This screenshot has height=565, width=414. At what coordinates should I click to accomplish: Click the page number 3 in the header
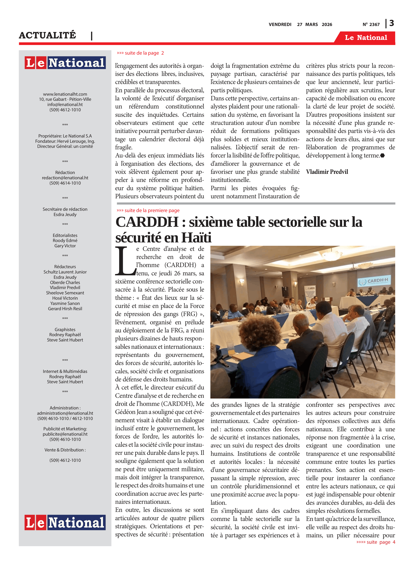[391, 23]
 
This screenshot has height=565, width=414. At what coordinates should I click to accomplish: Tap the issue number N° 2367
[371, 24]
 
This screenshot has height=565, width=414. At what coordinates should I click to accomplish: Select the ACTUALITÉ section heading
[47, 35]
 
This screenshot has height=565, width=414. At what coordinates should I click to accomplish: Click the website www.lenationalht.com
[65, 94]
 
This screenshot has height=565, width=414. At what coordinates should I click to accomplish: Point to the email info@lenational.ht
[65, 105]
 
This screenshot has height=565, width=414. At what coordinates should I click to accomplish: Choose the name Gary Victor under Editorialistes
[65, 246]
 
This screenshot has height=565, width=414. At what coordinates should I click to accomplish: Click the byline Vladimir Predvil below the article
[327, 172]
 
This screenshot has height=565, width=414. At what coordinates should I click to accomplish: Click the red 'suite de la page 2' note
[140, 53]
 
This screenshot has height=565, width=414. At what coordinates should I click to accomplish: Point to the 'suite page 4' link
[376, 542]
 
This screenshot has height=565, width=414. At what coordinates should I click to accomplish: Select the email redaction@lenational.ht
[65, 178]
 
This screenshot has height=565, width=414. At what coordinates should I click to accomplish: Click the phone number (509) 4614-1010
[65, 183]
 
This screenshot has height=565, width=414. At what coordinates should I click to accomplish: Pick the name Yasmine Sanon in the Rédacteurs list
[65, 303]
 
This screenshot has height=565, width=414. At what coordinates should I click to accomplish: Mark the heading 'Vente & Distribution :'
[65, 450]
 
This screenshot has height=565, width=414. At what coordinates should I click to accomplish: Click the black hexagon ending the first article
[382, 156]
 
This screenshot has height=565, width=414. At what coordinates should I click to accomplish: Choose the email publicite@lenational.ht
[65, 434]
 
